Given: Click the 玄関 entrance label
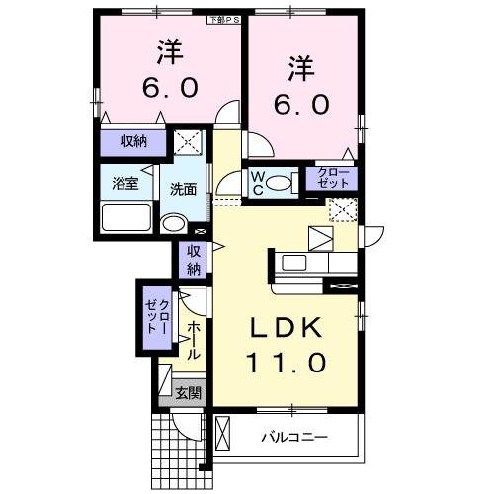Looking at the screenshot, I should coord(188,392).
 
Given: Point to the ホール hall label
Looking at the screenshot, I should coord(193,339).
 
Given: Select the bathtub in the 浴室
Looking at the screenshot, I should coord(125,217).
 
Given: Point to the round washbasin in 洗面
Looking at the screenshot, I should coord(175,222).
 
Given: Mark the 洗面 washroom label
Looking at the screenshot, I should coord(182,188).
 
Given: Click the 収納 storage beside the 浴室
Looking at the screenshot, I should coord(134,142).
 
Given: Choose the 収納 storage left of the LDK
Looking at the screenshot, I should coord(194,259).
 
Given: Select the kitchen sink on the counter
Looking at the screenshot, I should coord(295,263).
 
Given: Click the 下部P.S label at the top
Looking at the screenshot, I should coord(222,19).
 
